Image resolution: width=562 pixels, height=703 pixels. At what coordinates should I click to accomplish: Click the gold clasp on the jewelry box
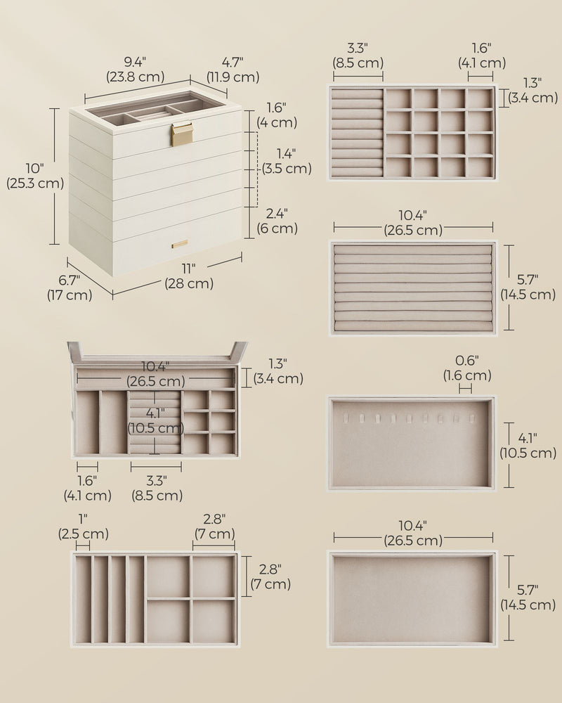tap(182, 135)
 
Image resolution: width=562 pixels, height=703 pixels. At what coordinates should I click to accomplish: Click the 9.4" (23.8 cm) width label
tap(135, 70)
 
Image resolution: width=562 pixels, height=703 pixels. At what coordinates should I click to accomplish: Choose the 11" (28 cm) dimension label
tap(189, 276)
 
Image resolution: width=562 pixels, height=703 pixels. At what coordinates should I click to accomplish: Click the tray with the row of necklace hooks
tap(412, 444)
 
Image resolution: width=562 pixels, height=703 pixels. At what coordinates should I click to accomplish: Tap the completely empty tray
tap(412, 599)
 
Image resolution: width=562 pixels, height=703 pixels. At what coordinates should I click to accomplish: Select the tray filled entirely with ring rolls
tap(412, 288)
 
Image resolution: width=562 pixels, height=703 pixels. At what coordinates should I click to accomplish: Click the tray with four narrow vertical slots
tap(155, 599)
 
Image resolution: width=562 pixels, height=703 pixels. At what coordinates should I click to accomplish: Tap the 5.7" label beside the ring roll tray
tap(528, 288)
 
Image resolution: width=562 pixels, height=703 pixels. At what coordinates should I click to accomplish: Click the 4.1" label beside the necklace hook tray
tap(528, 446)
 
